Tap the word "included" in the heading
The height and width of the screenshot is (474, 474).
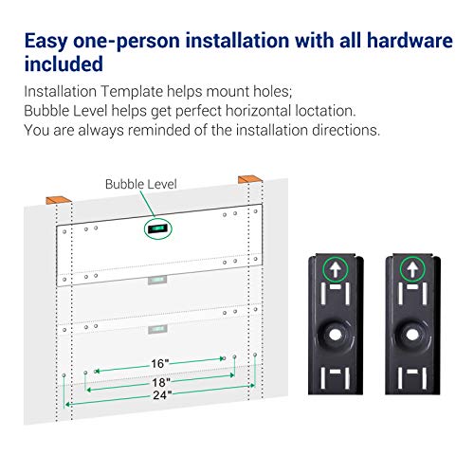[x=64, y=64]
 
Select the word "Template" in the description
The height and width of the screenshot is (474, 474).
[x=132, y=92]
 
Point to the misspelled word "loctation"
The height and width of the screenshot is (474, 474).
[x=325, y=111]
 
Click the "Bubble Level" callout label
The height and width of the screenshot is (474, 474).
[x=140, y=184]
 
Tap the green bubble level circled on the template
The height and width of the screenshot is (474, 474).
[x=157, y=228]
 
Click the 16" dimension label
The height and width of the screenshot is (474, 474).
[x=159, y=364]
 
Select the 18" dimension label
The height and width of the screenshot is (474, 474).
[x=161, y=382]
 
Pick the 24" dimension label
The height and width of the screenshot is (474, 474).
[x=162, y=395]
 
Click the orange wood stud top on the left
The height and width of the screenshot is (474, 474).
[x=59, y=200]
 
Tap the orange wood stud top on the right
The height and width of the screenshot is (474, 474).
[x=250, y=179]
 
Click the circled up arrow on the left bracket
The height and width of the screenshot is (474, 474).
[x=336, y=269]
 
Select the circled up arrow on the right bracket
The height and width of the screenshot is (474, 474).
[x=412, y=269]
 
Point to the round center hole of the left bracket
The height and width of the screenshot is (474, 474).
[x=336, y=335]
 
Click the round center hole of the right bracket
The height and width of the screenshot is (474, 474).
[x=412, y=335]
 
